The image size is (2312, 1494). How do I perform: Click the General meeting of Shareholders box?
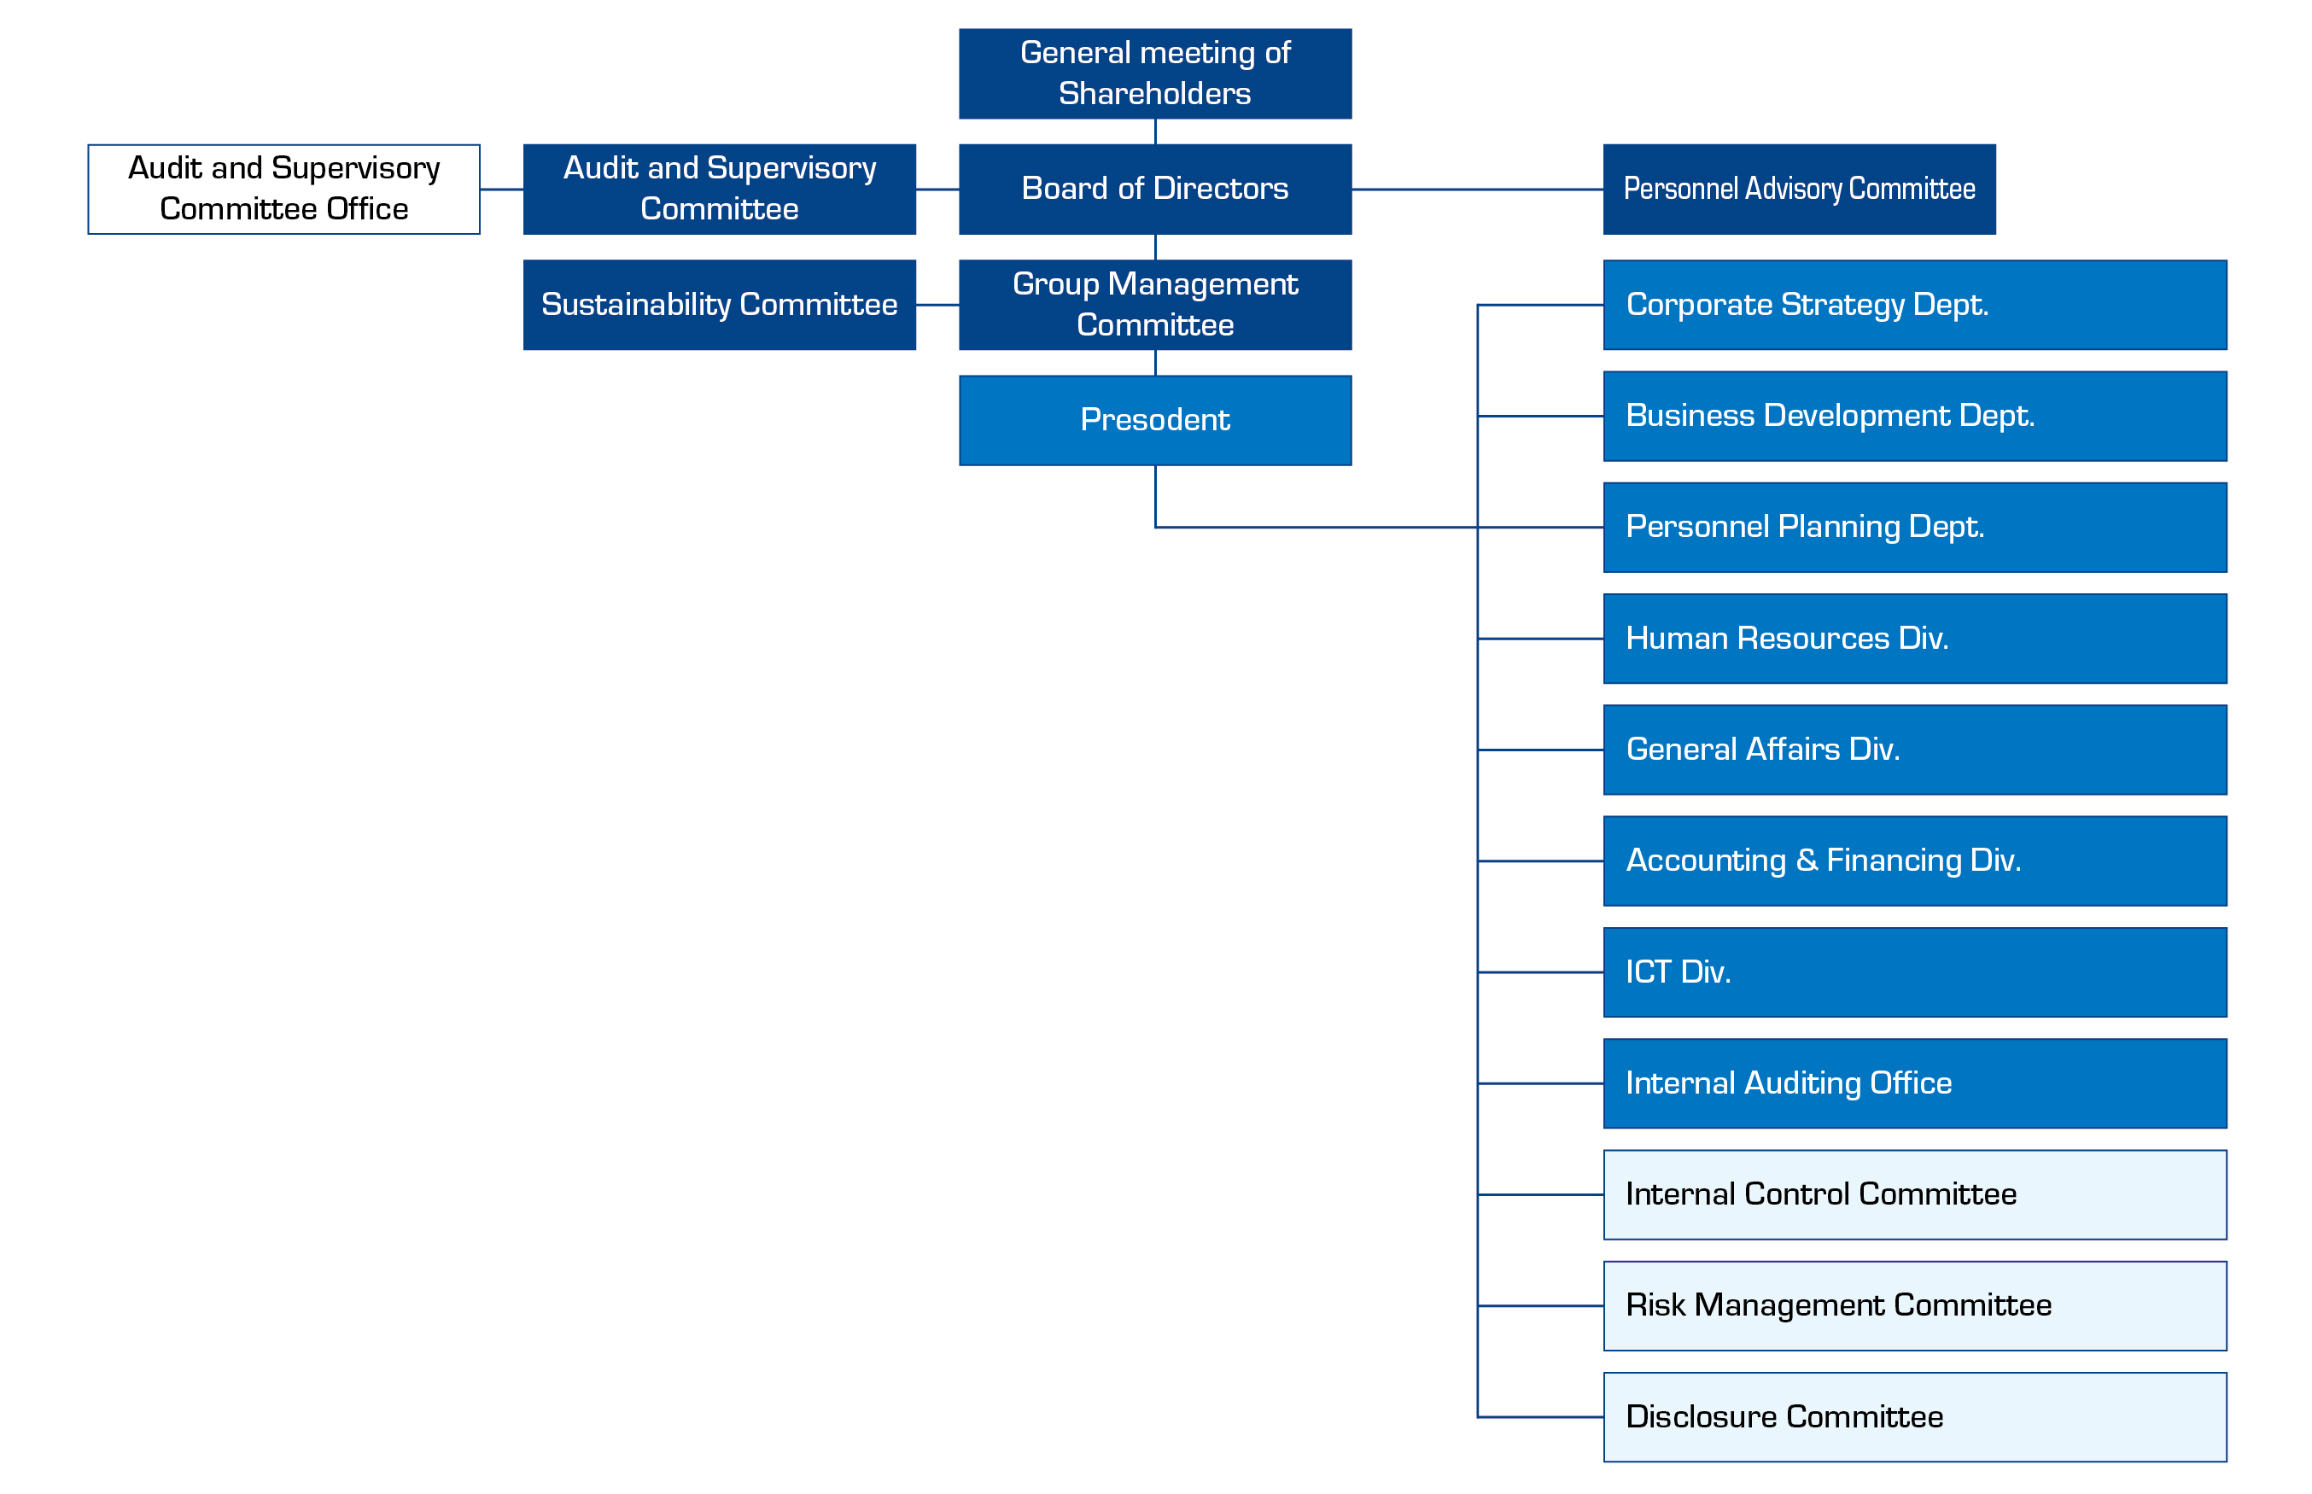(x=1154, y=73)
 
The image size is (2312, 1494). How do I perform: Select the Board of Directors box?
(x=1154, y=190)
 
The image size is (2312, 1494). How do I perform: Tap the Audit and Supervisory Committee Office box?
(x=284, y=190)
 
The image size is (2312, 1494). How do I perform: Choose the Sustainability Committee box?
(x=719, y=305)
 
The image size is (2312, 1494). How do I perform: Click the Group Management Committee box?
(x=1154, y=305)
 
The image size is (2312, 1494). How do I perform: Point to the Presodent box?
(x=1154, y=420)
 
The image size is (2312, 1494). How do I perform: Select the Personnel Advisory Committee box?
(x=1799, y=190)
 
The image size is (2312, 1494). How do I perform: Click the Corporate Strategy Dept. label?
(x=1807, y=305)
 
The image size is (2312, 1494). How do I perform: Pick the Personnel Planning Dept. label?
(x=1805, y=527)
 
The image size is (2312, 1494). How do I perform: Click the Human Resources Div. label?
(x=1787, y=639)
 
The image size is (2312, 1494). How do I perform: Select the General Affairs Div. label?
(x=1763, y=749)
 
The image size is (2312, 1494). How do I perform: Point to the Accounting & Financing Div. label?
(x=1823, y=861)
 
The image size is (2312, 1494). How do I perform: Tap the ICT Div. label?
(x=1679, y=972)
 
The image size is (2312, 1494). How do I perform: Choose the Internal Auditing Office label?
(x=1788, y=1083)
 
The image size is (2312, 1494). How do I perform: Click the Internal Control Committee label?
(x=1821, y=1194)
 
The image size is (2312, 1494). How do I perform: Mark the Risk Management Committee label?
(x=1838, y=1306)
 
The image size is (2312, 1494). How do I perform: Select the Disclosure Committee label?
(x=1784, y=1416)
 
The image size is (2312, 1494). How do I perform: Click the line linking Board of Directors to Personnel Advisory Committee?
(x=1478, y=190)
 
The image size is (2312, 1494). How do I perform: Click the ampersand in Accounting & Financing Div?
(x=1807, y=861)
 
